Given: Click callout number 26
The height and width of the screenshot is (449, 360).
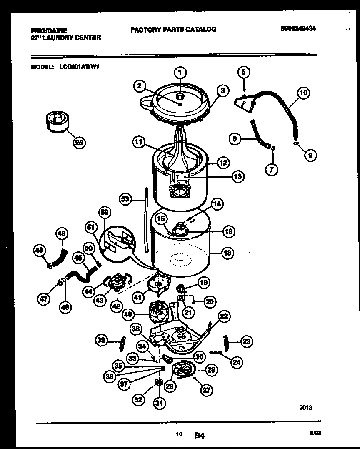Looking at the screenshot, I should [x=78, y=143].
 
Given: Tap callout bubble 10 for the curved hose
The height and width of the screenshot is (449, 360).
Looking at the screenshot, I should [x=303, y=93].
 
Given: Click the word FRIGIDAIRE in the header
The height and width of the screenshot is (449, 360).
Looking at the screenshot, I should [x=49, y=30].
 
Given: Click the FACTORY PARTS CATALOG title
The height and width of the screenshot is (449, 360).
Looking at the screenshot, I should [x=173, y=29].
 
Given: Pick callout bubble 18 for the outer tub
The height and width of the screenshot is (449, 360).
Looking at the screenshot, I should [x=227, y=253].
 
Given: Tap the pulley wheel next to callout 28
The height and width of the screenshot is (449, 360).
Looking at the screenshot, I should [x=183, y=370].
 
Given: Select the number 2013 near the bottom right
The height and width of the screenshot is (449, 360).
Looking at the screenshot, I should [x=305, y=408].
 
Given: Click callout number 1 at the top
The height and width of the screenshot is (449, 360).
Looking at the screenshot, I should [x=180, y=73].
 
